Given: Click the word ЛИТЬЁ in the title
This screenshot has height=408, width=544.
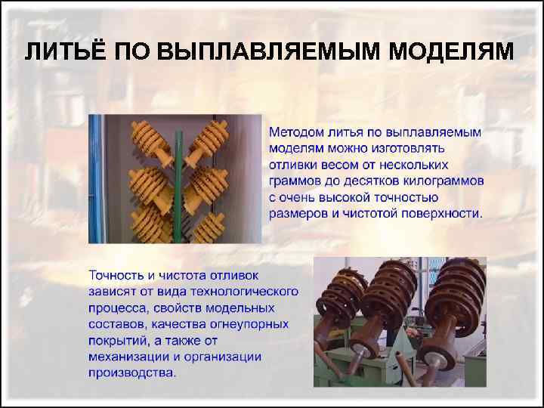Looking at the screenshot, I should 63,51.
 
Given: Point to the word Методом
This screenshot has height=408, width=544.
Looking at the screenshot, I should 296,132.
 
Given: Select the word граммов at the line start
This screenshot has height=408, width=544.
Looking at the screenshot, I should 295,182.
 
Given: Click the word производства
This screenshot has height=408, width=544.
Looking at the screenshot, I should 132,372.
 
